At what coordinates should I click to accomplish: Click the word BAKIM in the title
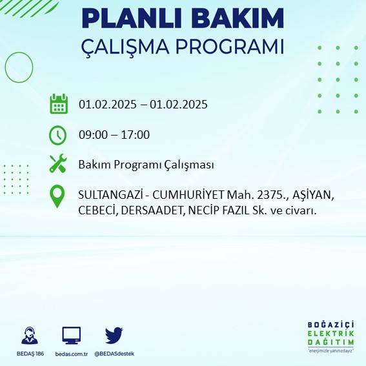(234, 19)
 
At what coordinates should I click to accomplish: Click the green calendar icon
(59, 104)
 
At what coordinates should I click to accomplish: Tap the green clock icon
(58, 135)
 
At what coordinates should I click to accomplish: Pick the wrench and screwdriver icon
(58, 164)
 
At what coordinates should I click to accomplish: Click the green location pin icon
(58, 196)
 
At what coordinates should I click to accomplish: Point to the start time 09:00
(92, 135)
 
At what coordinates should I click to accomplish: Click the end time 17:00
(136, 135)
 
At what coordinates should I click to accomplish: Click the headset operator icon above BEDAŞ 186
(29, 336)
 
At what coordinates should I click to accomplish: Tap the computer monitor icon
(72, 336)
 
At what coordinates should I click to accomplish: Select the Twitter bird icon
(114, 335)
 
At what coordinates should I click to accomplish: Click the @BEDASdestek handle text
(114, 354)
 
